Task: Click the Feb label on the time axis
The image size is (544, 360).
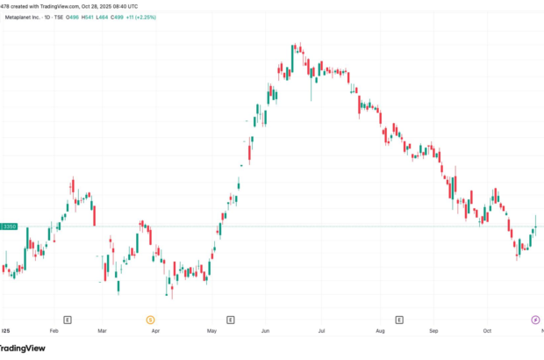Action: coord(54,333)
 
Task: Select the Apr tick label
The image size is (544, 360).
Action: coord(156,333)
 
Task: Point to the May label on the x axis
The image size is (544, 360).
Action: coord(211,333)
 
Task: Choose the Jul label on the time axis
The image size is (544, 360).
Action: coord(321,333)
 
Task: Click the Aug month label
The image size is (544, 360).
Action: coord(379,333)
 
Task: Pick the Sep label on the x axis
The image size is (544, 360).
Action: coord(433,333)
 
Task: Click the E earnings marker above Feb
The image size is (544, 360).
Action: coord(68,318)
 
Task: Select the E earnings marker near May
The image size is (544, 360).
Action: coord(230,318)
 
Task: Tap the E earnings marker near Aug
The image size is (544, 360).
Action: coord(401,318)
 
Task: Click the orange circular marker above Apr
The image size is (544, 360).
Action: coord(150,318)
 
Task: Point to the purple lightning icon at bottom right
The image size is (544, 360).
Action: coord(536,318)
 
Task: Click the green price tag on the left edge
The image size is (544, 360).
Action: coord(10,227)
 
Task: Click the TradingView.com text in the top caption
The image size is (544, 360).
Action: coord(61,5)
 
